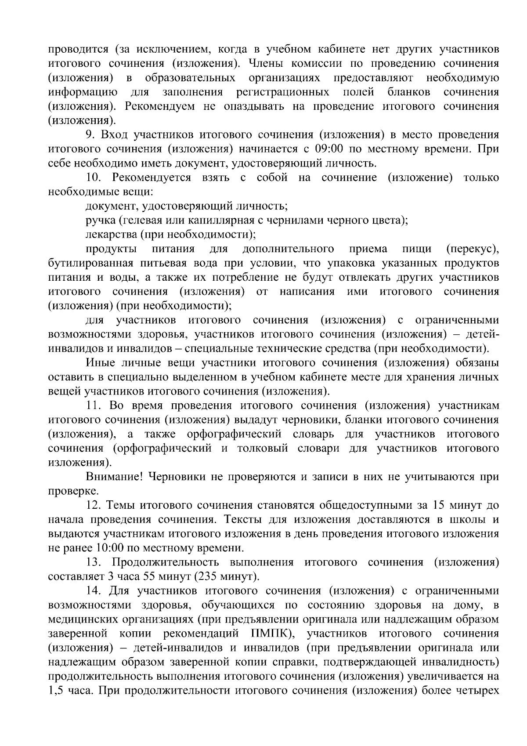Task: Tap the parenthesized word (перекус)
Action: click(x=473, y=249)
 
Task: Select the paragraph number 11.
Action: click(x=94, y=405)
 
